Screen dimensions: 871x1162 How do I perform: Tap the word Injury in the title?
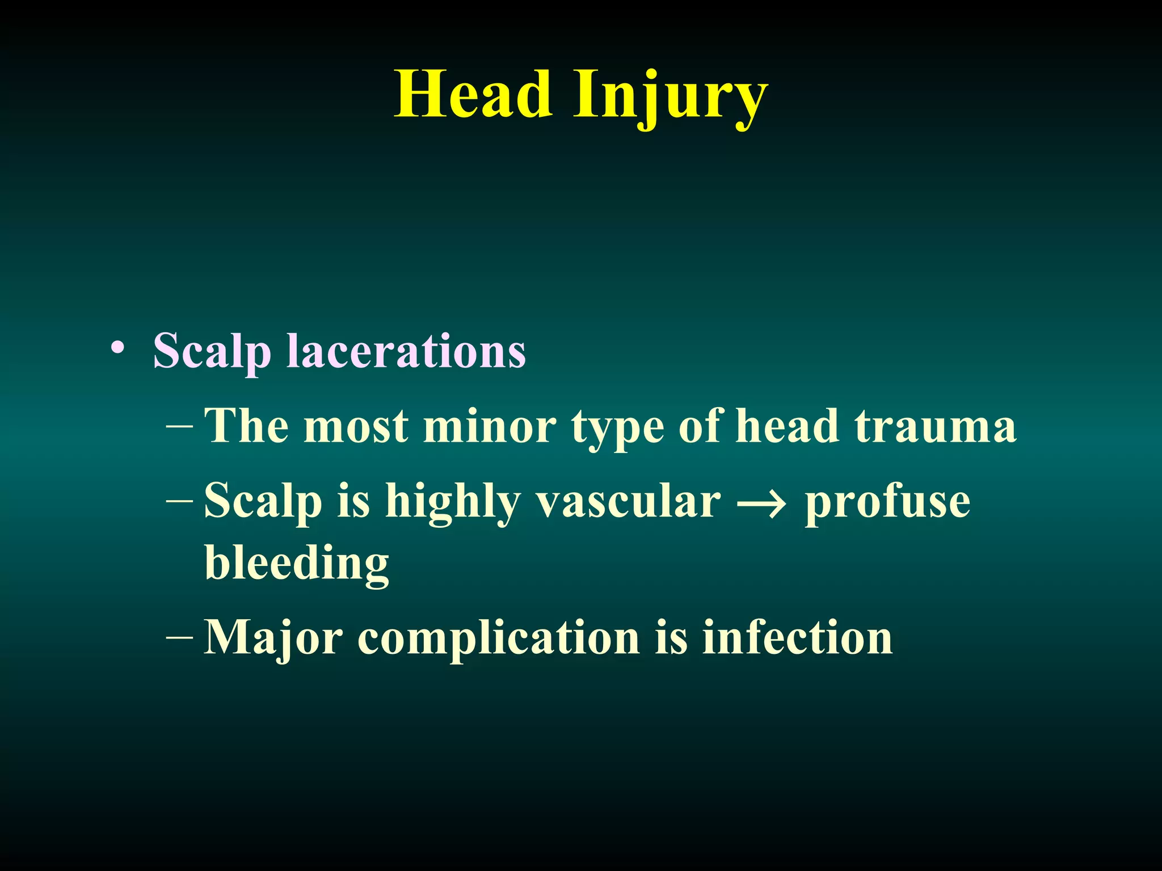671,96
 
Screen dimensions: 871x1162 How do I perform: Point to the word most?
356,426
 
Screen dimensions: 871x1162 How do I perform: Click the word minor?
490,426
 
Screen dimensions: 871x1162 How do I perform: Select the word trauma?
935,426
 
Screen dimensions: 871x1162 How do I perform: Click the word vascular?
629,501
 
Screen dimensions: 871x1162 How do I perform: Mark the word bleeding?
297,564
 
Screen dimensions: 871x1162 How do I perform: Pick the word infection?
797,637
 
